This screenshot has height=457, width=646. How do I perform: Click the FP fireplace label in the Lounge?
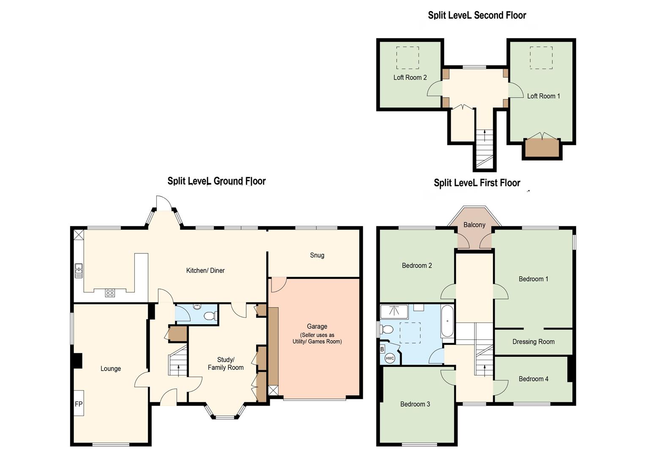[79, 404]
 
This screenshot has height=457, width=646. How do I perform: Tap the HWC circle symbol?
[390, 358]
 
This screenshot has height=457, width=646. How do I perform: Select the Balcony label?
[474, 225]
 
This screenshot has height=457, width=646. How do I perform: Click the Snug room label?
[317, 255]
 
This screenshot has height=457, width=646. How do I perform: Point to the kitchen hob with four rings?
[110, 293]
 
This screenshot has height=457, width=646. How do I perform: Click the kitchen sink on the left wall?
[79, 271]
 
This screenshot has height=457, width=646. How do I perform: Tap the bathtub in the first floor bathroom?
[447, 321]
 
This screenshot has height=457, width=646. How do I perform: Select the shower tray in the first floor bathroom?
[394, 311]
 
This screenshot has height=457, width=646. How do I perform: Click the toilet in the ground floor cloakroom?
[210, 316]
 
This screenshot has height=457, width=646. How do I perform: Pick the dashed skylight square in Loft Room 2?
[408, 58]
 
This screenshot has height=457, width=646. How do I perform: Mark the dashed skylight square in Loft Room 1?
[541, 58]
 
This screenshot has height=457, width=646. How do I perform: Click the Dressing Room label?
[533, 342]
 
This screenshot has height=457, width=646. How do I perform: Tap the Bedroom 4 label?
[533, 379]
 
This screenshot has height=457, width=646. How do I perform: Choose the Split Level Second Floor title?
[477, 15]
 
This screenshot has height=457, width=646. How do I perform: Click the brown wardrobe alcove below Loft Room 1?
[542, 148]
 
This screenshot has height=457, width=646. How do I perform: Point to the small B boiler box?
[382, 350]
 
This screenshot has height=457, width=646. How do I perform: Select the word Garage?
[317, 326]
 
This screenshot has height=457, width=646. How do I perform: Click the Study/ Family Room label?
[225, 364]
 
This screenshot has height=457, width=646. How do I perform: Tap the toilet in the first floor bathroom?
[386, 329]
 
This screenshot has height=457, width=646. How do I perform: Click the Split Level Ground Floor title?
[216, 181]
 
